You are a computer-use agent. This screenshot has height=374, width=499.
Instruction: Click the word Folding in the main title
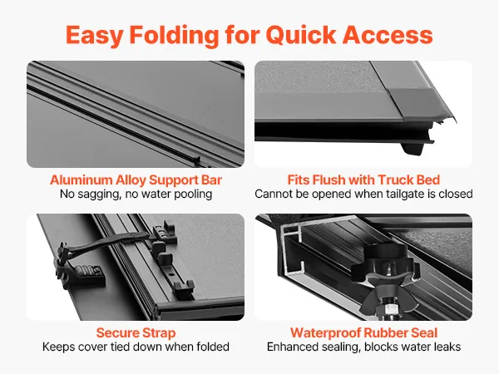point(174,35)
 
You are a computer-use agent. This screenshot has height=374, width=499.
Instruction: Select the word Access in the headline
point(388,35)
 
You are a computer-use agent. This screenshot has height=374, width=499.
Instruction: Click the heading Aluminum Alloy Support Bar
point(136,180)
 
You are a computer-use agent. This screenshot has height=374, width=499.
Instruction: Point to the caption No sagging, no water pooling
point(136,194)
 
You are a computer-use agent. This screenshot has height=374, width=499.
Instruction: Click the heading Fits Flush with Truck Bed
point(363,180)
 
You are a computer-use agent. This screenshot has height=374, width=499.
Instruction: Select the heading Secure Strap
point(136,333)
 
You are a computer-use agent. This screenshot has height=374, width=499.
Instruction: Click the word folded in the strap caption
point(213,347)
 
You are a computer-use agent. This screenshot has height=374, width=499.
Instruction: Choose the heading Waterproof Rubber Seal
point(363,333)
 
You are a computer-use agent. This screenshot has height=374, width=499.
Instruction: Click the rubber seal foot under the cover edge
point(413,149)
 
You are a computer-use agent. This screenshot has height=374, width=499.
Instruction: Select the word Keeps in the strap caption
point(58,347)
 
